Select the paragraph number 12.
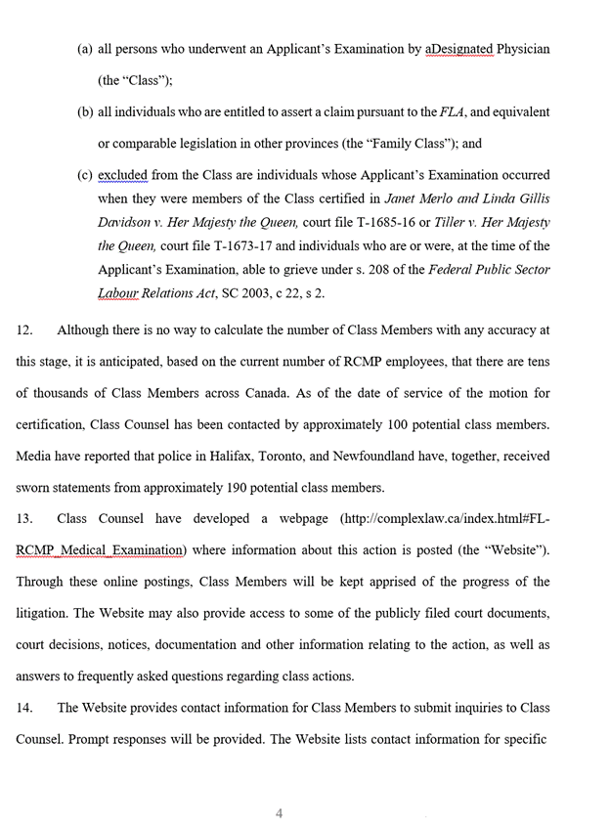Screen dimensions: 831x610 coord(24,330)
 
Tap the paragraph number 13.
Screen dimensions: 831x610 coord(24,519)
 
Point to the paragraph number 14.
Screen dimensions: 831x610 coord(24,708)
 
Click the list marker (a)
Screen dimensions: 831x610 coord(85,49)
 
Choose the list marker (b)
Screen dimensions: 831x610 coord(85,112)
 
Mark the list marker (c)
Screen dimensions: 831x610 coord(85,175)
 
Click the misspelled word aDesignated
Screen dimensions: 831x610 coord(459,49)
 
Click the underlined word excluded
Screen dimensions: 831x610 coord(123,175)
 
